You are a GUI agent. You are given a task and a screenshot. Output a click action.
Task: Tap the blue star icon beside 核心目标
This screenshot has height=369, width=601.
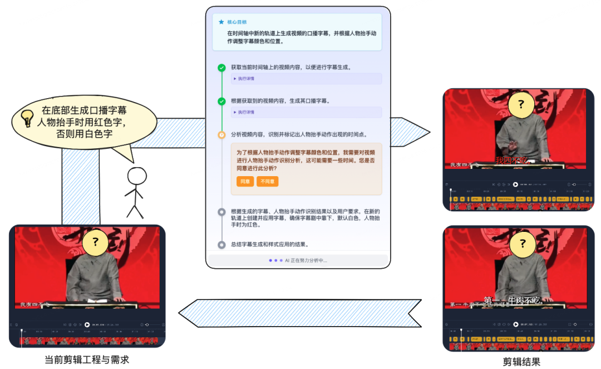click(221, 22)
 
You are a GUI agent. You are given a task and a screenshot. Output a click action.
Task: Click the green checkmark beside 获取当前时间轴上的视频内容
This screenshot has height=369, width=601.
click(221, 67)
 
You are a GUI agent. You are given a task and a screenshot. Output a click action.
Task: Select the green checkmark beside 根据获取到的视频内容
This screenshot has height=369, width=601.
click(221, 101)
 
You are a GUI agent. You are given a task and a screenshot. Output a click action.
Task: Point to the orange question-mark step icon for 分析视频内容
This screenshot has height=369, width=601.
click(221, 135)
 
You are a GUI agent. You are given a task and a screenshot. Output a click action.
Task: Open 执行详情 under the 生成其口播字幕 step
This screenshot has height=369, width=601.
click(245, 112)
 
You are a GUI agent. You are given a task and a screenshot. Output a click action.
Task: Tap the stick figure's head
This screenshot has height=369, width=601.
click(136, 177)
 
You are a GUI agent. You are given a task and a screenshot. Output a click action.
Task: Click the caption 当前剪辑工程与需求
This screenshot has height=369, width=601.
click(86, 360)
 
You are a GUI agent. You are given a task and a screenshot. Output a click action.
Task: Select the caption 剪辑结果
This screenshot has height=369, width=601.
click(521, 362)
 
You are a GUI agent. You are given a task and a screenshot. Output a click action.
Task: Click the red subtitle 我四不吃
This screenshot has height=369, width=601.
click(511, 161)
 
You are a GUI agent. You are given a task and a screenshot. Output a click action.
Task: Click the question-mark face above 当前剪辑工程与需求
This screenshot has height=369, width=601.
click(96, 242)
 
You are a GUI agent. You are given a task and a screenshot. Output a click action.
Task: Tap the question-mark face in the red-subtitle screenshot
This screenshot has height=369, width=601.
click(521, 104)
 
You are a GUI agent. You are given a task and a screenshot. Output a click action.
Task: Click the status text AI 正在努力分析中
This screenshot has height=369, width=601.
click(306, 260)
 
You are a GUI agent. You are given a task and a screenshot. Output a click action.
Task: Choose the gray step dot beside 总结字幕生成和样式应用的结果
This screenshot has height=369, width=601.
click(221, 245)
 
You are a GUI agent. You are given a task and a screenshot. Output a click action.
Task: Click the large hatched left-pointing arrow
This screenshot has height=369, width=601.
click(300, 313)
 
